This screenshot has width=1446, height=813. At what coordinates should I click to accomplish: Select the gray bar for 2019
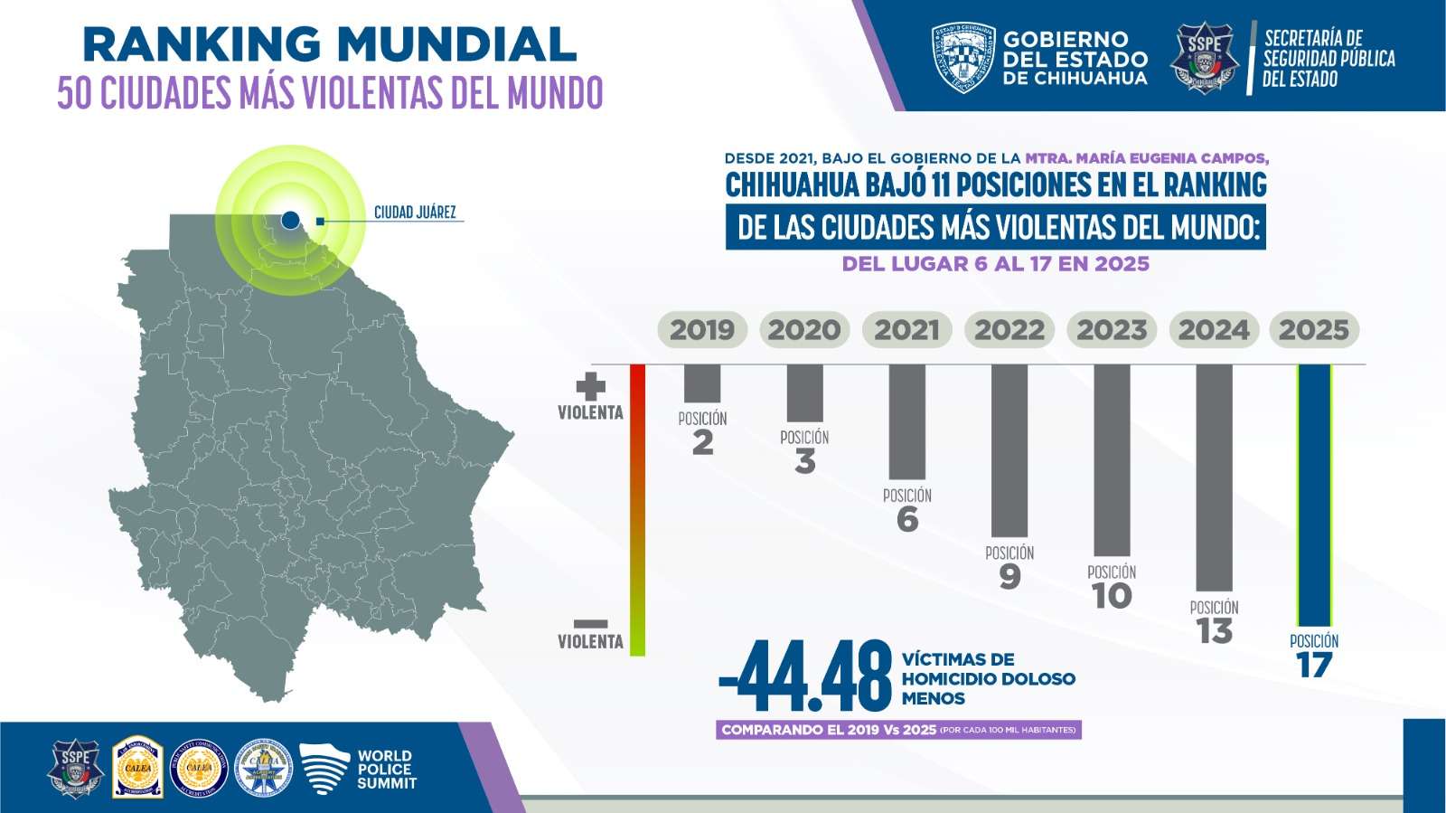702,383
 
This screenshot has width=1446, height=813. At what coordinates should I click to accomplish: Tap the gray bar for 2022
1009,450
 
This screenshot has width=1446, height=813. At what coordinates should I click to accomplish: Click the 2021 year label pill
906,330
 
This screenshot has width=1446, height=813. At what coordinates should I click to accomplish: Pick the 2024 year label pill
1214,330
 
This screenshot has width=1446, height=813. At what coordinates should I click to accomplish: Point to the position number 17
1314,666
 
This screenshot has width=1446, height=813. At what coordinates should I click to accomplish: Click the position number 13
1214,631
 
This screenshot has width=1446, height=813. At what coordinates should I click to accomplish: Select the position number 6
907,520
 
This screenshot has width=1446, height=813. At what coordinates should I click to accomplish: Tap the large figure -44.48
805,677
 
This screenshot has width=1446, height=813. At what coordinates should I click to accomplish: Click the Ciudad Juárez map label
415,213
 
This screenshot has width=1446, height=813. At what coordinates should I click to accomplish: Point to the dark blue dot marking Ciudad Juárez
290,220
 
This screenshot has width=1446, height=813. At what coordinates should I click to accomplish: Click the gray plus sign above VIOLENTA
590,386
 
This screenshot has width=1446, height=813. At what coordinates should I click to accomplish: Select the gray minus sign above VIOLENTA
590,624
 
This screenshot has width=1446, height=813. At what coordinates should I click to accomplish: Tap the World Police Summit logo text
386,770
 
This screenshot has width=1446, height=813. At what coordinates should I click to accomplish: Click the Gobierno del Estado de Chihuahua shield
962,58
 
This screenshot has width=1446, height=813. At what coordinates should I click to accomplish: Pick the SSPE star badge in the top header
1204,58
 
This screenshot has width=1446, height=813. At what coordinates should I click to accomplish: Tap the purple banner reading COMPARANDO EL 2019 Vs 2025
898,730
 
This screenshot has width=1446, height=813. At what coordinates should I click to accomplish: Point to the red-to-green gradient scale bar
637,509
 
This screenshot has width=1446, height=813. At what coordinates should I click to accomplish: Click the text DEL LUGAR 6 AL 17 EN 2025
995,264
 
